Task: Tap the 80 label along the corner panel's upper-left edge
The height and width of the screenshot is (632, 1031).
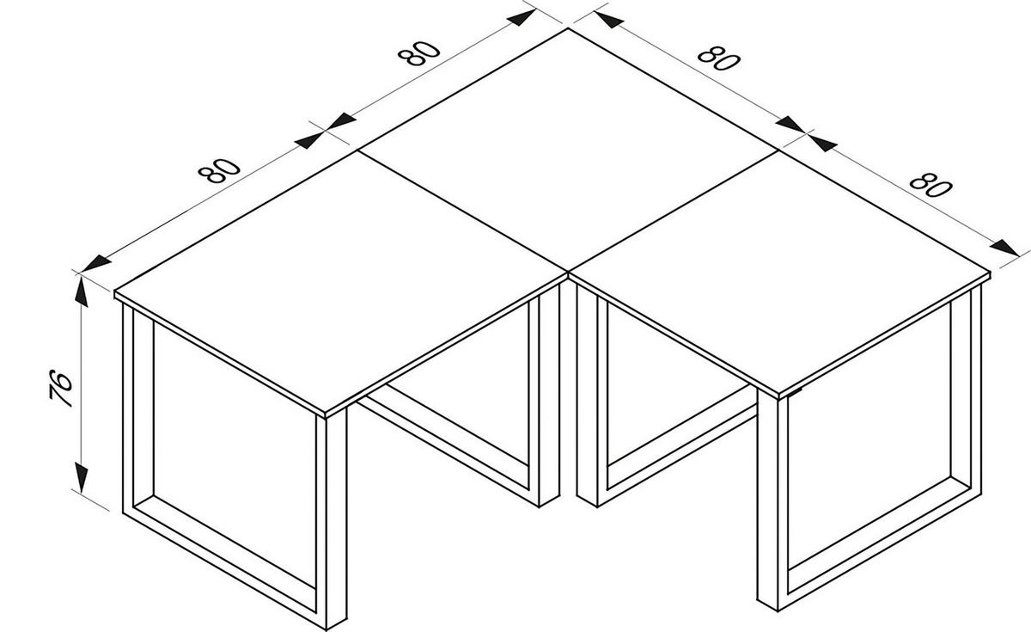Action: coord(419,53)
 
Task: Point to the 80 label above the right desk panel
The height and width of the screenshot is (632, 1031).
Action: coord(930,185)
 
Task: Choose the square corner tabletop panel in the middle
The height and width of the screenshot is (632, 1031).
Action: coord(567,150)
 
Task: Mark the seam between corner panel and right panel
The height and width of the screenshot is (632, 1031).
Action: coord(674,211)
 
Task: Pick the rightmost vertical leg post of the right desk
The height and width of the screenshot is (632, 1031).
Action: coord(967,396)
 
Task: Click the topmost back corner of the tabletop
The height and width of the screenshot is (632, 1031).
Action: coord(568,29)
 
